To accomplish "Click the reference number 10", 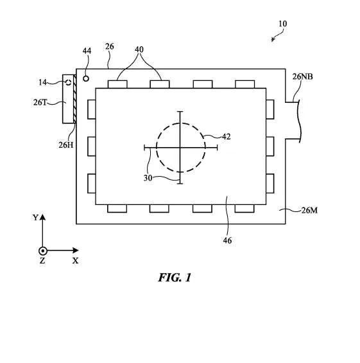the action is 283,24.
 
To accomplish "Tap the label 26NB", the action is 302,76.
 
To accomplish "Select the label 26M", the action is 309,211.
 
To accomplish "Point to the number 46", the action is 227,240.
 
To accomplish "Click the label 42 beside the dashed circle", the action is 226,137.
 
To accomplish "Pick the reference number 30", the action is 148,178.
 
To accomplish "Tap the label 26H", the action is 66,145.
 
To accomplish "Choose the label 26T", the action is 40,102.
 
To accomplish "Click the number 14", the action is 42,82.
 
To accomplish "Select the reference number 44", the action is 87,51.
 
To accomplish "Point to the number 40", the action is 139,49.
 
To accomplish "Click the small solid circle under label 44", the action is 86,79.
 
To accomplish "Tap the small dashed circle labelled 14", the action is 69,82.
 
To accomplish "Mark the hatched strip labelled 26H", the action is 74,99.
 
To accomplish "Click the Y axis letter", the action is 35,218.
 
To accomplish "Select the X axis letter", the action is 75,261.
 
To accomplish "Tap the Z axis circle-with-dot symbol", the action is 43,251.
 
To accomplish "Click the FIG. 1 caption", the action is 175,278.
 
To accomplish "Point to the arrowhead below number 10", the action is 273,40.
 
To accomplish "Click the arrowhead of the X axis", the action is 76,251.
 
